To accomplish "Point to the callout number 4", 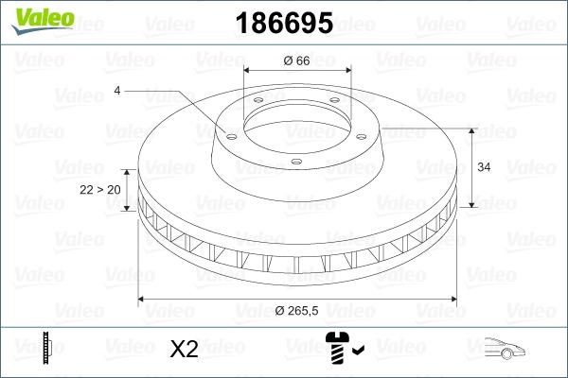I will coord(117,91).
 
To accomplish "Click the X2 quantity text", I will coord(183,350).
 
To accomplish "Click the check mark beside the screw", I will coord(357,352).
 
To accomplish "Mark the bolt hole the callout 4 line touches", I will coord(230,134).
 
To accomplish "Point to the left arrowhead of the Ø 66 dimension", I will coord(248,71).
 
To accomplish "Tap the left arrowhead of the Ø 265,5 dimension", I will coord(142,300).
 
